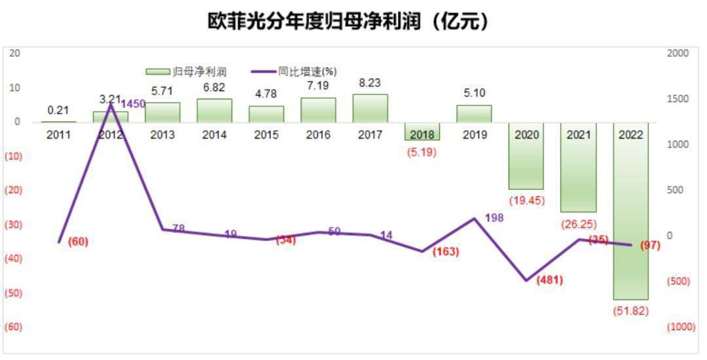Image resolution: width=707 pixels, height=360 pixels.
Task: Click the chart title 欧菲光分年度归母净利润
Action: tap(348, 21)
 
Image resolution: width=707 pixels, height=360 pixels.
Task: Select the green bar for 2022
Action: tap(630, 216)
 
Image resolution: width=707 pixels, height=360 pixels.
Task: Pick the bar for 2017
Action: tap(371, 108)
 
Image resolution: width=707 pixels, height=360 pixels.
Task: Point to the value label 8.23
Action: tap(370, 83)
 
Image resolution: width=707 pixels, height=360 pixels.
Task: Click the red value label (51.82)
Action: tap(630, 311)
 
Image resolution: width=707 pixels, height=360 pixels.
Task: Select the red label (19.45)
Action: tap(526, 200)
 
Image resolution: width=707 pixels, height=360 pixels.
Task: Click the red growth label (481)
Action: tap(549, 280)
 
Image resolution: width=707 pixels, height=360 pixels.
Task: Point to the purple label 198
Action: tap(494, 218)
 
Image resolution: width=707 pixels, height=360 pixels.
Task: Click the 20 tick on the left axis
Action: tap(14, 53)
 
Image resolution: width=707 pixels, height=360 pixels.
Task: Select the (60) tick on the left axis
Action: tap(14, 327)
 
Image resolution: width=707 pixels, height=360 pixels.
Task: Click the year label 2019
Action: tap(475, 135)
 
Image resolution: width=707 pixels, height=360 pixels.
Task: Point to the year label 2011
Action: tap(59, 135)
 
